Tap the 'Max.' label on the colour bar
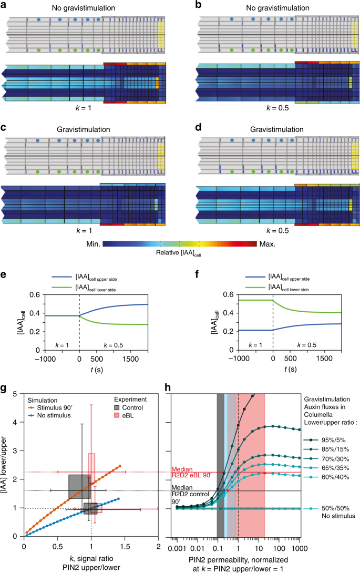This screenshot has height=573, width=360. (269, 244)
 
